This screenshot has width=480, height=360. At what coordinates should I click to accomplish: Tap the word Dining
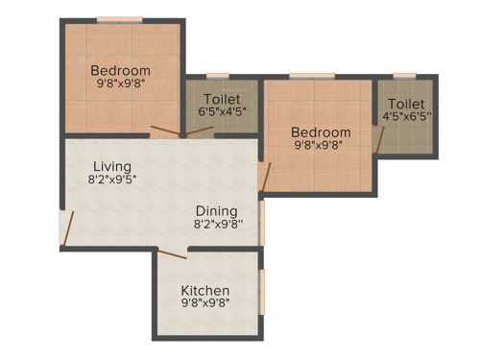216,211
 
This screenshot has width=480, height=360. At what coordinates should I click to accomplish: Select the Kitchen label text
205,291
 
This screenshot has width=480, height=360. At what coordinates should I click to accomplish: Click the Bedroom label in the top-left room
121,70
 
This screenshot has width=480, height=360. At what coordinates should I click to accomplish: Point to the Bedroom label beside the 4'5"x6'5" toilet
321,132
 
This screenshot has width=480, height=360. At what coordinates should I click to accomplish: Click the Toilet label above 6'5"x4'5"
222,98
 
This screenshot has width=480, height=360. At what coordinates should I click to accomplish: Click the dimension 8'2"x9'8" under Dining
219,226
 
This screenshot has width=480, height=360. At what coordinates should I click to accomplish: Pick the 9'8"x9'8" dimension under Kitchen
205,304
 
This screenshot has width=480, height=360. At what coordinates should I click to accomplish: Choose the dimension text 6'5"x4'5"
222,111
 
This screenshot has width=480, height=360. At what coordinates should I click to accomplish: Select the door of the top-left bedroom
164,131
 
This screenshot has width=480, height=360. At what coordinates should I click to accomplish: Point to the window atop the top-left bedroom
120,19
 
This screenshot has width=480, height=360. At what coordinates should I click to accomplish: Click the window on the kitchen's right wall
262,291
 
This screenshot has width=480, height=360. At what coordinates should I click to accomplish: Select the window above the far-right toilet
404,75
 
